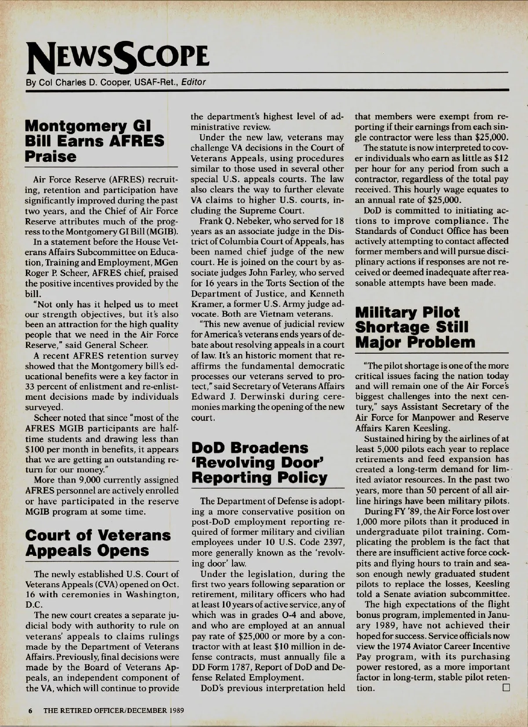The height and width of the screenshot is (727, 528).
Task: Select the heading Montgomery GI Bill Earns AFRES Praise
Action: coord(95,141)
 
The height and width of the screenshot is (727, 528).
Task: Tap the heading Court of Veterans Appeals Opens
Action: coord(98,543)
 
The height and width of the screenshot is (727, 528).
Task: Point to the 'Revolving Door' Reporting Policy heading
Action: coord(260,463)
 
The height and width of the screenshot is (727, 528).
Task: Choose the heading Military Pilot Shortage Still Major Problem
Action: coord(415,328)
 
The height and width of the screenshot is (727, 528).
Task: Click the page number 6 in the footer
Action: coord(31,710)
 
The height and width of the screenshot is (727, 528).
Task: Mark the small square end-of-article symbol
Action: coord(505,687)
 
